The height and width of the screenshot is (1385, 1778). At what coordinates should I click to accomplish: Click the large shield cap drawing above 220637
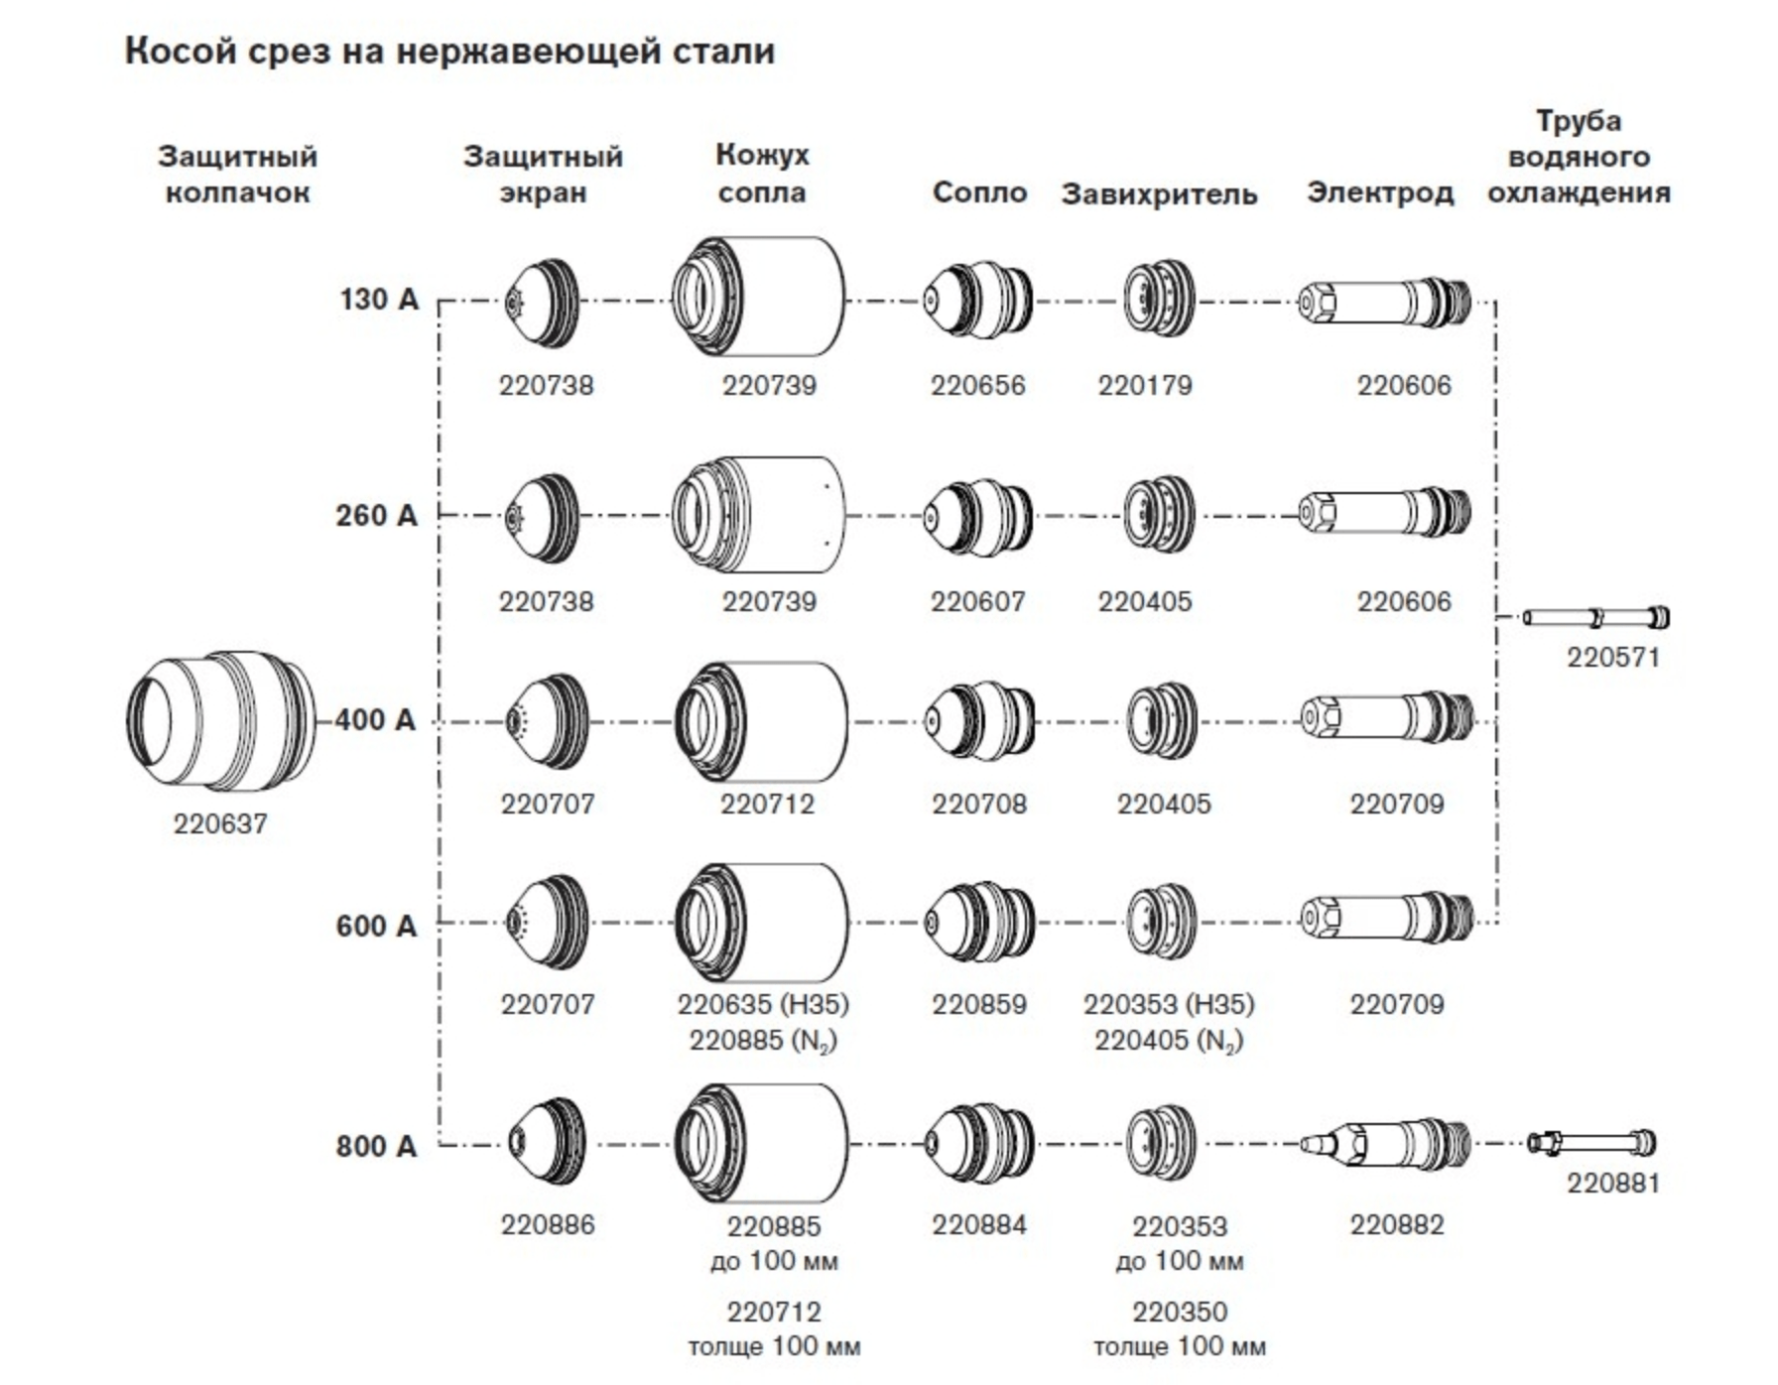click(x=221, y=721)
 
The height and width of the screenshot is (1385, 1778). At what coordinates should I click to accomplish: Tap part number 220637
click(x=220, y=824)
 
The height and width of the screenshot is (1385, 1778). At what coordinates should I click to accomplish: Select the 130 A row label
click(x=379, y=300)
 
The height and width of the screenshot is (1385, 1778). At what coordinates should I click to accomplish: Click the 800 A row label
click(x=376, y=1147)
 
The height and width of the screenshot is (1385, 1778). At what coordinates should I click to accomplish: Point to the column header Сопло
click(x=979, y=192)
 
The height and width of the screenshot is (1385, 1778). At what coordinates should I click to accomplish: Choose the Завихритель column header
click(x=1159, y=194)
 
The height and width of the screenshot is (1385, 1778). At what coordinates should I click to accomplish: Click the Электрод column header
click(x=1379, y=192)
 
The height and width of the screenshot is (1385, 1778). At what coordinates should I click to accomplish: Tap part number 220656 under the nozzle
click(x=977, y=385)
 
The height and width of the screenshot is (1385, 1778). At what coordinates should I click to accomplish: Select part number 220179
click(x=1145, y=385)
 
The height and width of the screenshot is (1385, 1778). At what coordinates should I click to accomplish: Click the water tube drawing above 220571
click(x=1595, y=618)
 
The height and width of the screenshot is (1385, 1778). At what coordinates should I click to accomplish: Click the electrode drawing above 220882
click(x=1385, y=1144)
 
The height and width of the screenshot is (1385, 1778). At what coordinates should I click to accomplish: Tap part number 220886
click(x=548, y=1225)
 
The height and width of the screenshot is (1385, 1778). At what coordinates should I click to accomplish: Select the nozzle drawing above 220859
click(x=979, y=923)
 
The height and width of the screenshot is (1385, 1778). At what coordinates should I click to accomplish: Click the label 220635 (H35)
click(x=763, y=1004)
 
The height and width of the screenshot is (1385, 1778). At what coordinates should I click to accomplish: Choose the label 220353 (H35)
click(x=1169, y=1004)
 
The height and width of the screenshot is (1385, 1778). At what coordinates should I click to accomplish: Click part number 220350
click(x=1180, y=1313)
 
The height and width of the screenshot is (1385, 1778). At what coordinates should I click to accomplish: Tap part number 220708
click(x=978, y=804)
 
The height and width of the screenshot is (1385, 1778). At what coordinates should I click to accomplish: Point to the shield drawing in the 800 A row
click(x=547, y=1142)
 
